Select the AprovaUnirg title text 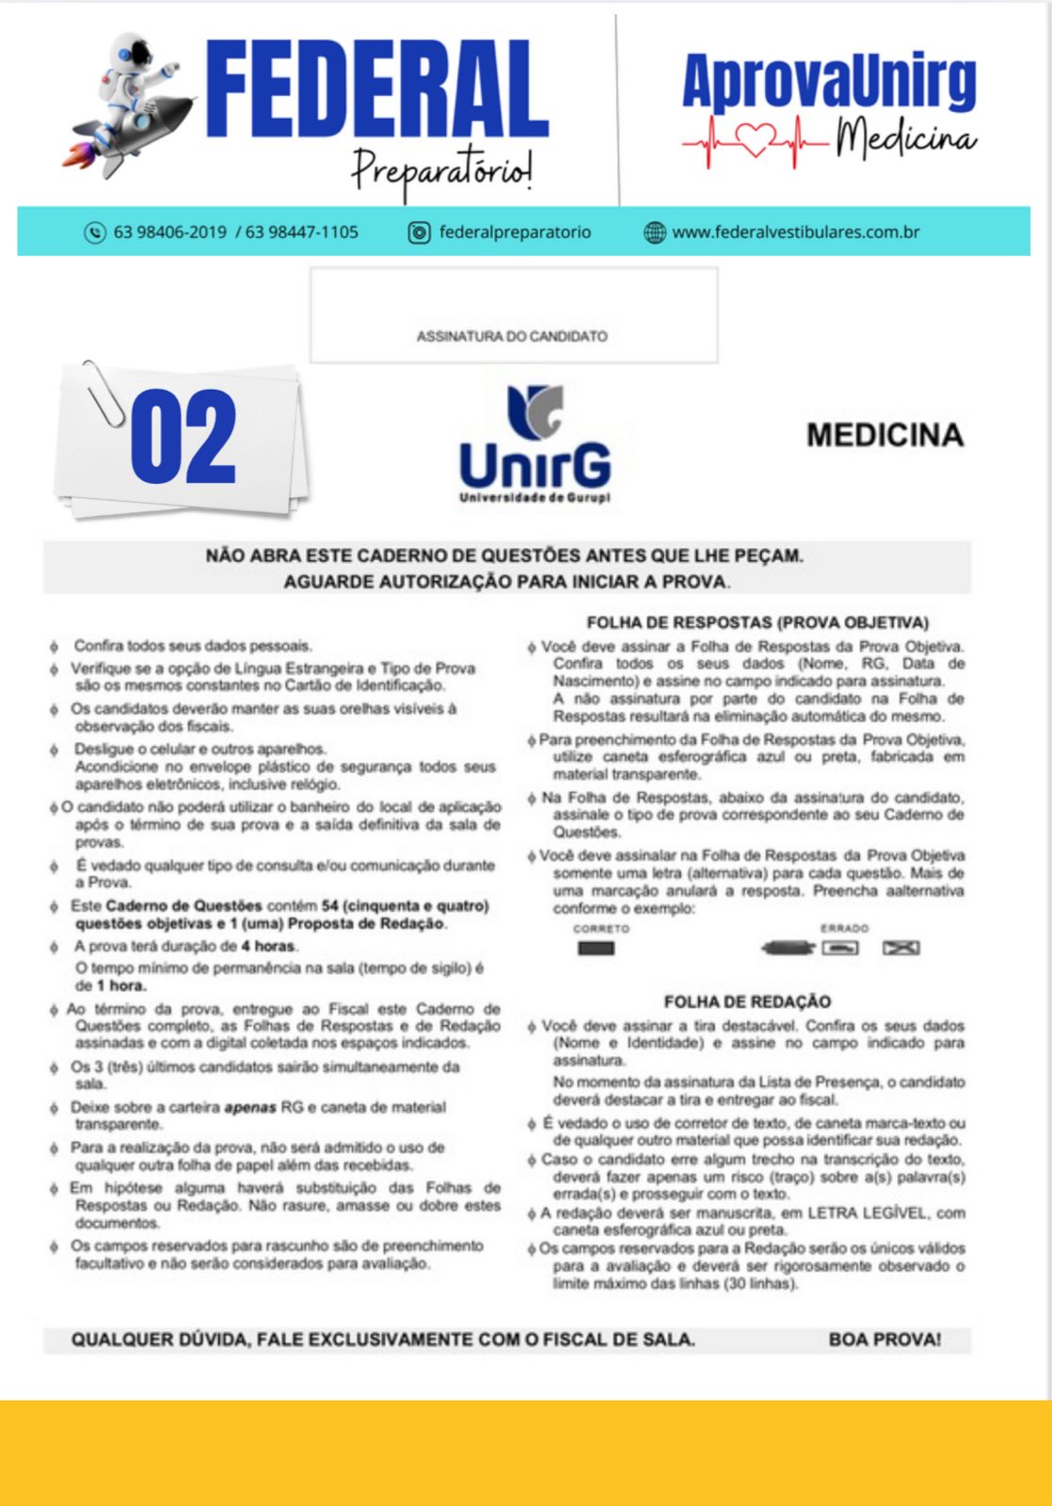[x=829, y=83]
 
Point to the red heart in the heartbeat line [x=752, y=141]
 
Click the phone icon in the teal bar [x=95, y=232]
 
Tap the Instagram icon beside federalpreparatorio [x=419, y=232]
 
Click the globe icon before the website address [x=655, y=232]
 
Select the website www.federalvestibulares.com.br [x=795, y=232]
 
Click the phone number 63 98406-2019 [x=169, y=232]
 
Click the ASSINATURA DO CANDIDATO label [x=512, y=336]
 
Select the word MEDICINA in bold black [x=885, y=435]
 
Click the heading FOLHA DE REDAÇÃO [x=747, y=1001]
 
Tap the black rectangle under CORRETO [x=596, y=948]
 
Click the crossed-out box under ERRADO [x=901, y=948]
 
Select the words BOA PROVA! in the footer [x=885, y=1339]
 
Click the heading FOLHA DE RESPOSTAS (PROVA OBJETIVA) [x=757, y=622]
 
